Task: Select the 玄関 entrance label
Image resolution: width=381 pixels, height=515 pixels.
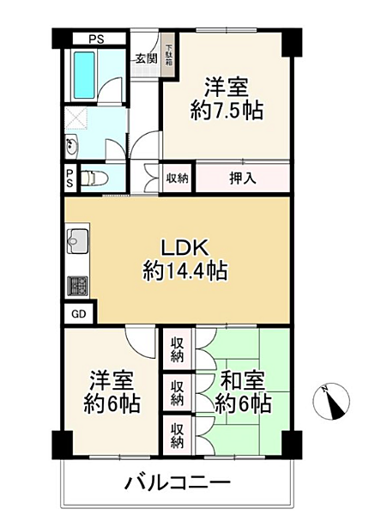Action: tap(145, 58)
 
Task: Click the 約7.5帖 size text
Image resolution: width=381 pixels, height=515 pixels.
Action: tap(226, 110)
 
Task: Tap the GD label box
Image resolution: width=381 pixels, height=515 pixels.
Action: tap(78, 314)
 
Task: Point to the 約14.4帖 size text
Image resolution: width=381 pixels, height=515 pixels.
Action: tap(184, 273)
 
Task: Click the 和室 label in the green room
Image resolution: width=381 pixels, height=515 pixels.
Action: tap(243, 378)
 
